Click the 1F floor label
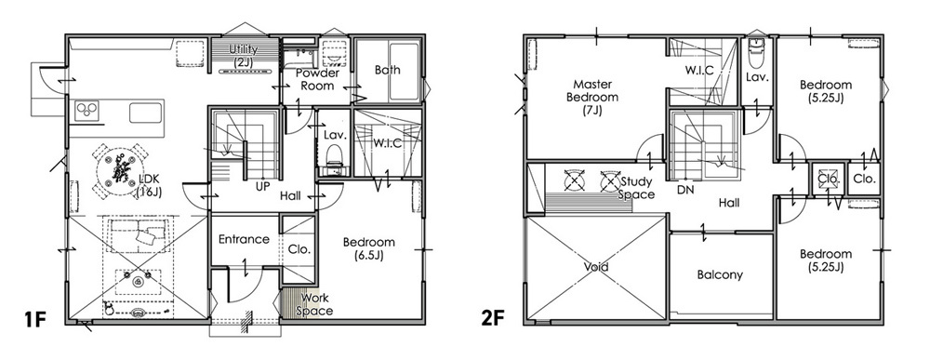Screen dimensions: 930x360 tap(35, 319)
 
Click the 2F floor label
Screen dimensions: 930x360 tap(494, 319)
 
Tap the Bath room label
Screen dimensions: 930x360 tap(387, 70)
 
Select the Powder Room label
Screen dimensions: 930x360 tap(317, 79)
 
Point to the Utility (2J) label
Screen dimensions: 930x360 tap(244, 55)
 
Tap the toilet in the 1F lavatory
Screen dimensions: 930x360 tap(335, 155)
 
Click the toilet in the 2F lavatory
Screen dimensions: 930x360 tap(755, 55)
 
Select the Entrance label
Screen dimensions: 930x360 tap(244, 240)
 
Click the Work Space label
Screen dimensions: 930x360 tap(314, 304)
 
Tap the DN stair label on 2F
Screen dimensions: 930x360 tap(686, 191)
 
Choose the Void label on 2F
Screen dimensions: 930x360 tap(595, 268)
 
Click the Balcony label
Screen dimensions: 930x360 tap(720, 275)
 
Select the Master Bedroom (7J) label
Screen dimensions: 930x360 tap(591, 98)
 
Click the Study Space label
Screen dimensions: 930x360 tap(636, 188)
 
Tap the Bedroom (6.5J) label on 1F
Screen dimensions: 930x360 tap(368, 248)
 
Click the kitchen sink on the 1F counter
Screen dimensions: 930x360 tap(146, 112)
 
